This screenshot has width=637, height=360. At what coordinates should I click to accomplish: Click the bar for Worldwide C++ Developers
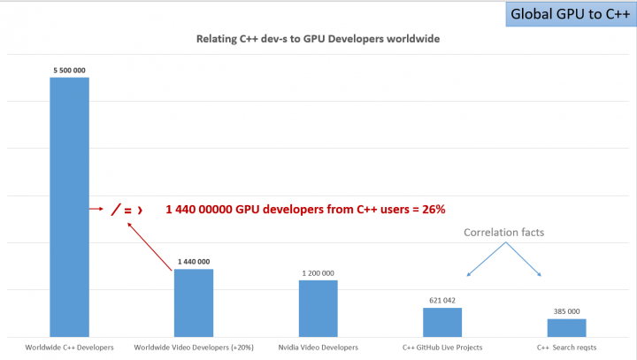click(x=69, y=207)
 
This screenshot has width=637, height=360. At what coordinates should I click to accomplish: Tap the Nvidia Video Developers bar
click(x=318, y=308)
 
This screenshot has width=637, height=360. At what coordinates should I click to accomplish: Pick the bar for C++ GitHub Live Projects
click(x=442, y=321)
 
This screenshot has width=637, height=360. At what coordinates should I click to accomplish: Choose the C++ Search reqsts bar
click(x=566, y=326)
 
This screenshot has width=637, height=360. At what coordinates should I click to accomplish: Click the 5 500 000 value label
click(x=69, y=69)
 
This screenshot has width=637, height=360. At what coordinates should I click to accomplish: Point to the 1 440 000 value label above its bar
click(x=193, y=261)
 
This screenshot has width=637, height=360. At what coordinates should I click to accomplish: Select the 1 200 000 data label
click(x=318, y=272)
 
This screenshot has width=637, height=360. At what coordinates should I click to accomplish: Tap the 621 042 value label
click(x=442, y=300)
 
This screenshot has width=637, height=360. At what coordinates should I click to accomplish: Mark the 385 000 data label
click(x=566, y=311)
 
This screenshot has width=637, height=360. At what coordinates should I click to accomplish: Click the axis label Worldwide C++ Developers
click(x=70, y=348)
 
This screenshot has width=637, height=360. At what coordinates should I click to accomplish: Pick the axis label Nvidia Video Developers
click(x=318, y=348)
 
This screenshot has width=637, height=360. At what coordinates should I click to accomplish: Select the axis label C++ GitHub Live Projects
click(x=442, y=348)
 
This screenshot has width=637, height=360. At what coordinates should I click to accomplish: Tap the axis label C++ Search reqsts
click(x=566, y=348)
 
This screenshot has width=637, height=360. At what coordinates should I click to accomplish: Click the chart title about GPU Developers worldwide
click(x=318, y=39)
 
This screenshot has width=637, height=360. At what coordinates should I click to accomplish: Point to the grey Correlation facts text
click(x=504, y=233)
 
